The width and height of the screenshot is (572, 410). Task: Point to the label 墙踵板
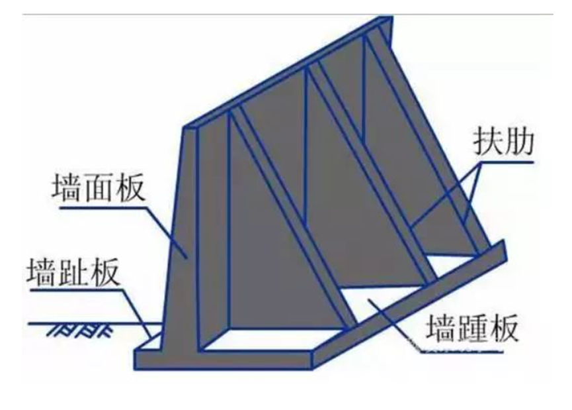click(471, 327)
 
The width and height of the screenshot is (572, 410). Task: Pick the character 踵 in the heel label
click(471, 327)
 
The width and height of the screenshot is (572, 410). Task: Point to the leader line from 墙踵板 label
click(397, 325)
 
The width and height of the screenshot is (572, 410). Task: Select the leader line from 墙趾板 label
click(136, 311)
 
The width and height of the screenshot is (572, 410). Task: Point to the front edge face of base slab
click(225, 362)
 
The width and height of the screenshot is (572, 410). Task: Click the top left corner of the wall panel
click(185, 126)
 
